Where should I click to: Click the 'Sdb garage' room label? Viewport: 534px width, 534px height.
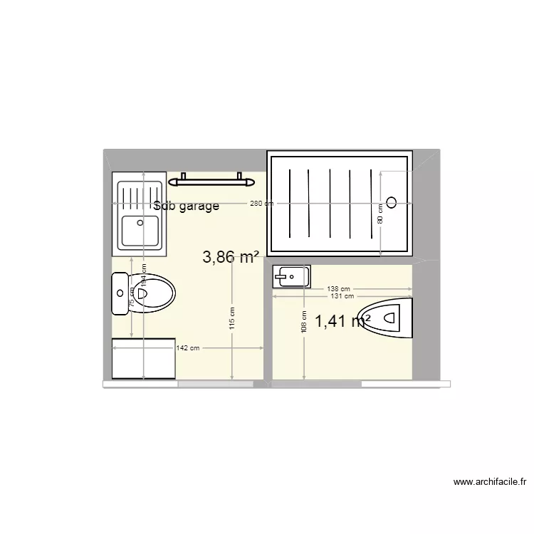tap(186, 206)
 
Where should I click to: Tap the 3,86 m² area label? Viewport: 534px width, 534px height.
tap(230, 257)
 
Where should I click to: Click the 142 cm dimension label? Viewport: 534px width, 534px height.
tap(187, 347)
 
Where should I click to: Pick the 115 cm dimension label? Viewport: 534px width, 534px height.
tap(232, 317)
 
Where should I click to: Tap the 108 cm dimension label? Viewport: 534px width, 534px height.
tap(304, 321)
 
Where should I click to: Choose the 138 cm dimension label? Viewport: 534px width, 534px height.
tap(339, 289)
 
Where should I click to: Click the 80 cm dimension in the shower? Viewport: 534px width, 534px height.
tap(380, 213)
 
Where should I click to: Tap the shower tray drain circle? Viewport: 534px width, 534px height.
tap(391, 201)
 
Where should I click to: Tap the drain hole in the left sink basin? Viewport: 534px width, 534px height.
tap(140, 222)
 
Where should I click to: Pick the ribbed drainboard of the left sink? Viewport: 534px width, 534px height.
tap(140, 193)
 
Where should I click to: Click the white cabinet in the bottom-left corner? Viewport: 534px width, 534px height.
tap(143, 359)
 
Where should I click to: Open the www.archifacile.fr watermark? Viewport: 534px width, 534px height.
tap(489, 482)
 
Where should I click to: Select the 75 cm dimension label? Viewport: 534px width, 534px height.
tap(132, 300)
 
